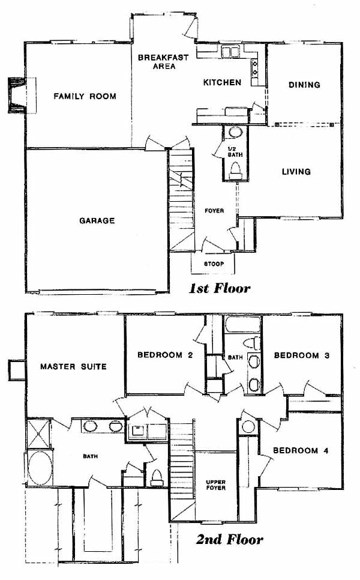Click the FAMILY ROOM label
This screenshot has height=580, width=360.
[x=85, y=96]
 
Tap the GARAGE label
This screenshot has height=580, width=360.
[x=97, y=221]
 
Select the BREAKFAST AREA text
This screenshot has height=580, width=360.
[x=163, y=62]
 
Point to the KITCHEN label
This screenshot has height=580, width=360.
[x=222, y=82]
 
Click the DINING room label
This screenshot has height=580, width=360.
[x=304, y=85]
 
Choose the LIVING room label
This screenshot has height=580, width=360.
[x=296, y=172]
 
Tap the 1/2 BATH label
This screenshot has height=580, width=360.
[x=235, y=152]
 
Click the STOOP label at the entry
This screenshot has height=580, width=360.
[x=214, y=264]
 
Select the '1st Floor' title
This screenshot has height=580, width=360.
[x=220, y=288]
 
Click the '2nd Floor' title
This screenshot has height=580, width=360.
[x=230, y=540]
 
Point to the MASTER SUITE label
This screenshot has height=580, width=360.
[x=73, y=367]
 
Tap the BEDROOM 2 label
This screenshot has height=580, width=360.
[x=165, y=355]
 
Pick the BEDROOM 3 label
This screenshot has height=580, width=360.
[x=302, y=355]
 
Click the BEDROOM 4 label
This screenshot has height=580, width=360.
[x=301, y=450]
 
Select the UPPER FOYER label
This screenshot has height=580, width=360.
[x=216, y=485]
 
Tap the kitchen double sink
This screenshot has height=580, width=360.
[x=230, y=52]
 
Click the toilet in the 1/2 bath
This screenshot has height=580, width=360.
[x=235, y=171]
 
